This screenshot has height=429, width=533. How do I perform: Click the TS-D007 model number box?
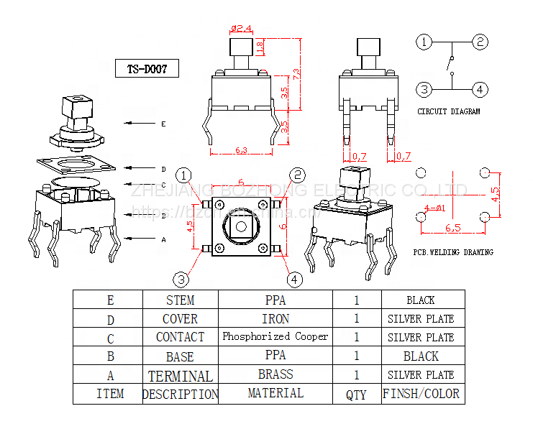[x=147, y=69]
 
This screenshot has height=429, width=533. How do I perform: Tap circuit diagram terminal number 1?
[x=425, y=42]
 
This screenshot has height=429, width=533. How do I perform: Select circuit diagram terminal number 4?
[x=480, y=89]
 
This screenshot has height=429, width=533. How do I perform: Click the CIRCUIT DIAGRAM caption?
[x=448, y=111]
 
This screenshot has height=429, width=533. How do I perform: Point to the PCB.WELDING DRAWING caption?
[x=452, y=252]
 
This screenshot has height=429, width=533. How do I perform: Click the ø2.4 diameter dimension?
[x=241, y=29]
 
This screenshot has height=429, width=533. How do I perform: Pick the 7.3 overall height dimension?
[x=296, y=73]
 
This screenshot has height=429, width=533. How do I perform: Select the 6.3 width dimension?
[x=242, y=150]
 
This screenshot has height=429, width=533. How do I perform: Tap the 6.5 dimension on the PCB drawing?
[x=452, y=228]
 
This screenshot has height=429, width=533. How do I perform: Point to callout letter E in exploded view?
[x=163, y=124]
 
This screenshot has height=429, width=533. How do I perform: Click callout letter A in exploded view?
[x=163, y=239]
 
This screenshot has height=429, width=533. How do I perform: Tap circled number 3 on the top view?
[x=183, y=279]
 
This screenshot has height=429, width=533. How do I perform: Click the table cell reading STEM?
[x=180, y=300]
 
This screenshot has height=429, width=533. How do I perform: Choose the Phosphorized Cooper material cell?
[x=275, y=336]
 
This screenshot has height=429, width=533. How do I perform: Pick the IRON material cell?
[x=275, y=318]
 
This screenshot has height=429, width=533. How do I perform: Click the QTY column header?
[x=356, y=395]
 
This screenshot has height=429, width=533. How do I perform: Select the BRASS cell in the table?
[x=275, y=374]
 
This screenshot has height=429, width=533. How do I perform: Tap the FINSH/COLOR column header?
[x=421, y=394]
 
